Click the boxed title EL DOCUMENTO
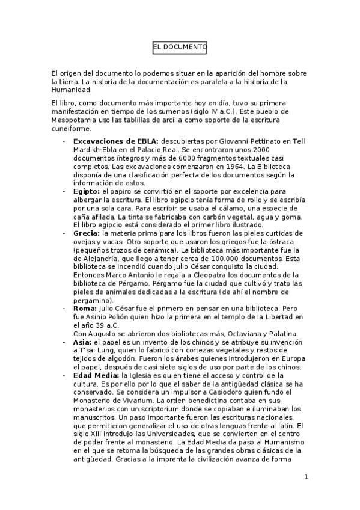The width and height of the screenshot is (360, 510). coord(180,46)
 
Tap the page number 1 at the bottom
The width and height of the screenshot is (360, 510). coord(306,478)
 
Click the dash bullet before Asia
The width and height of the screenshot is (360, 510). coord(64,341)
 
